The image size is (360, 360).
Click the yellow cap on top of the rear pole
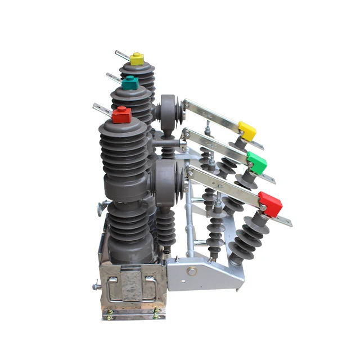click(x=137, y=58)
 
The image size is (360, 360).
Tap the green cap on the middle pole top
click(x=130, y=83)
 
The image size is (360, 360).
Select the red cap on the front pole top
click(x=121, y=115)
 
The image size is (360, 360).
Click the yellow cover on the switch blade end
click(x=246, y=130)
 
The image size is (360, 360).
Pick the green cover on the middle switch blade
click(x=257, y=164)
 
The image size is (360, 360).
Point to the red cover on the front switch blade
click(x=270, y=204)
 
